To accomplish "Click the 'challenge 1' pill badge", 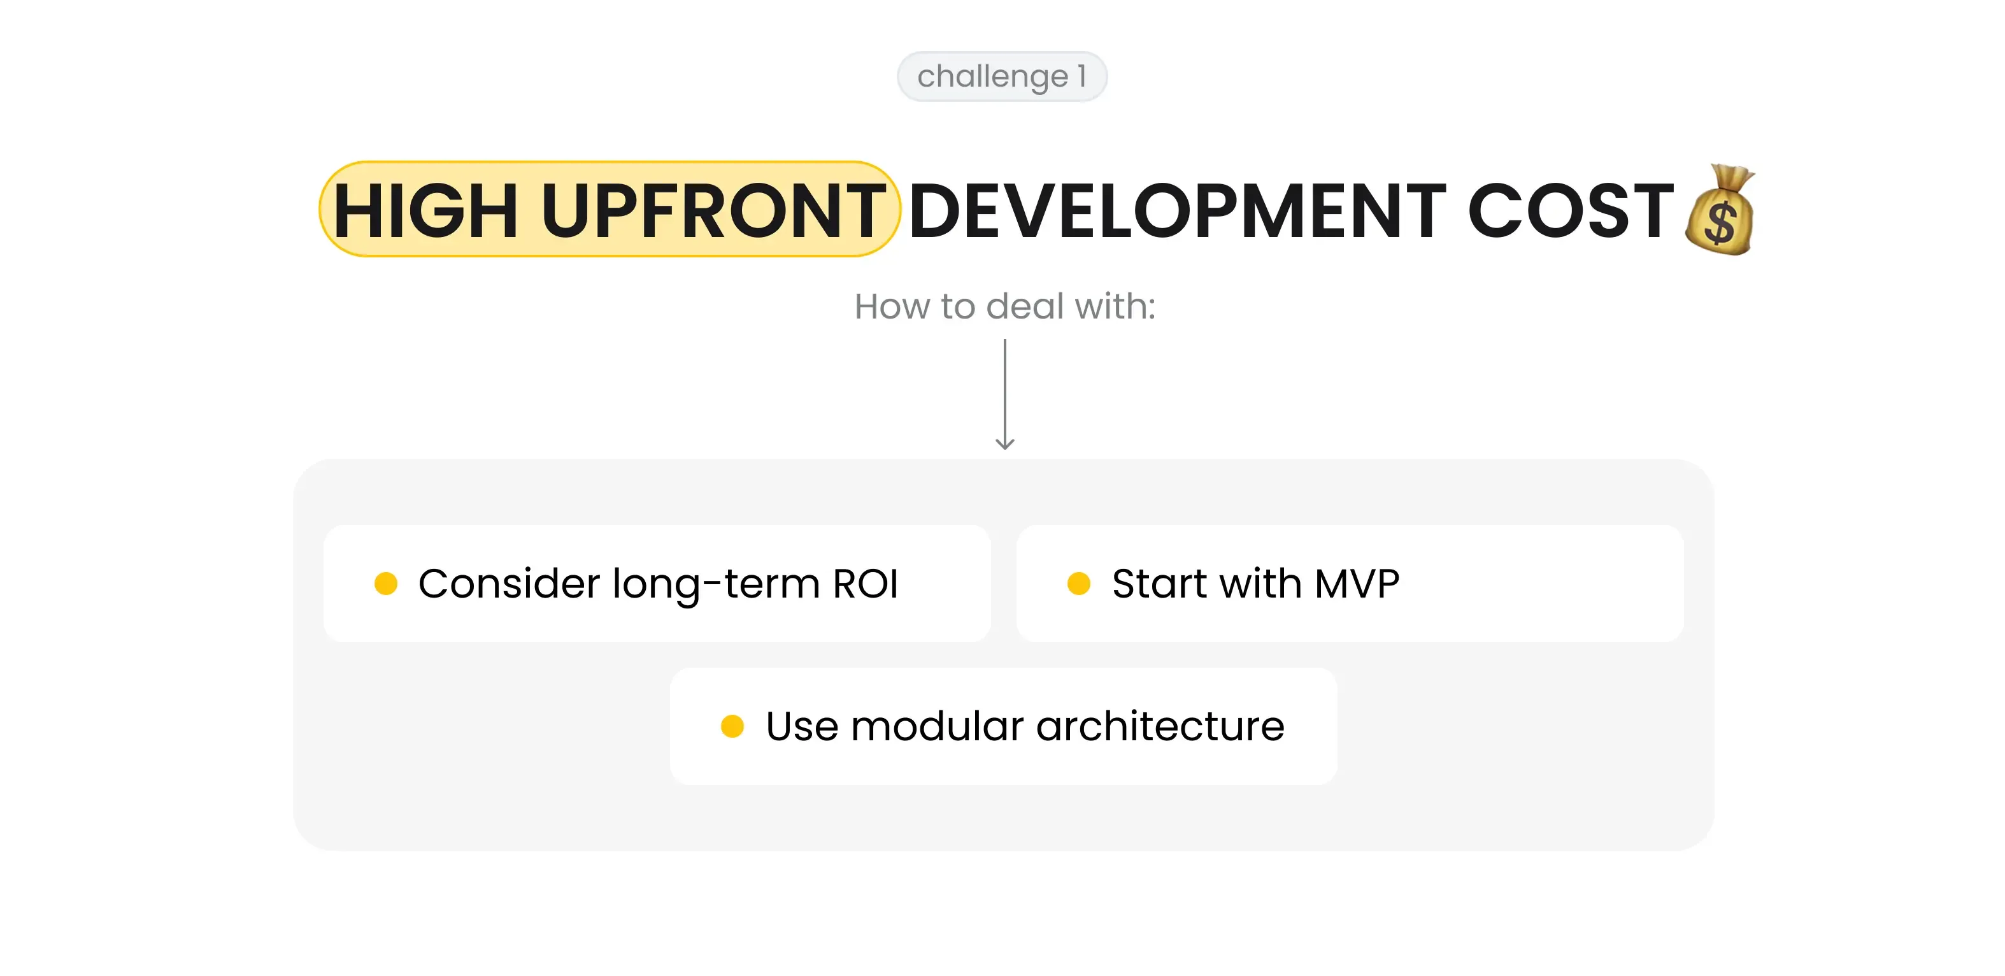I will (x=1001, y=76).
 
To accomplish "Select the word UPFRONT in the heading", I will (x=713, y=210).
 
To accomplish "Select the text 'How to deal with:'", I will (x=1004, y=306).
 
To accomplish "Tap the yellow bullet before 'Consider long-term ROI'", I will (x=386, y=583).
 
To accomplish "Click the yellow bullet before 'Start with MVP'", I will (x=1079, y=583).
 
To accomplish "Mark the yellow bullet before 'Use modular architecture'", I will (x=732, y=726).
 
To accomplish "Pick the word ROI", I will (x=866, y=583).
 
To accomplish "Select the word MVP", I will (x=1357, y=583).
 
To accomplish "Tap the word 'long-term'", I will (x=716, y=584).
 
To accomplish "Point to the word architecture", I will (x=1160, y=726).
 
